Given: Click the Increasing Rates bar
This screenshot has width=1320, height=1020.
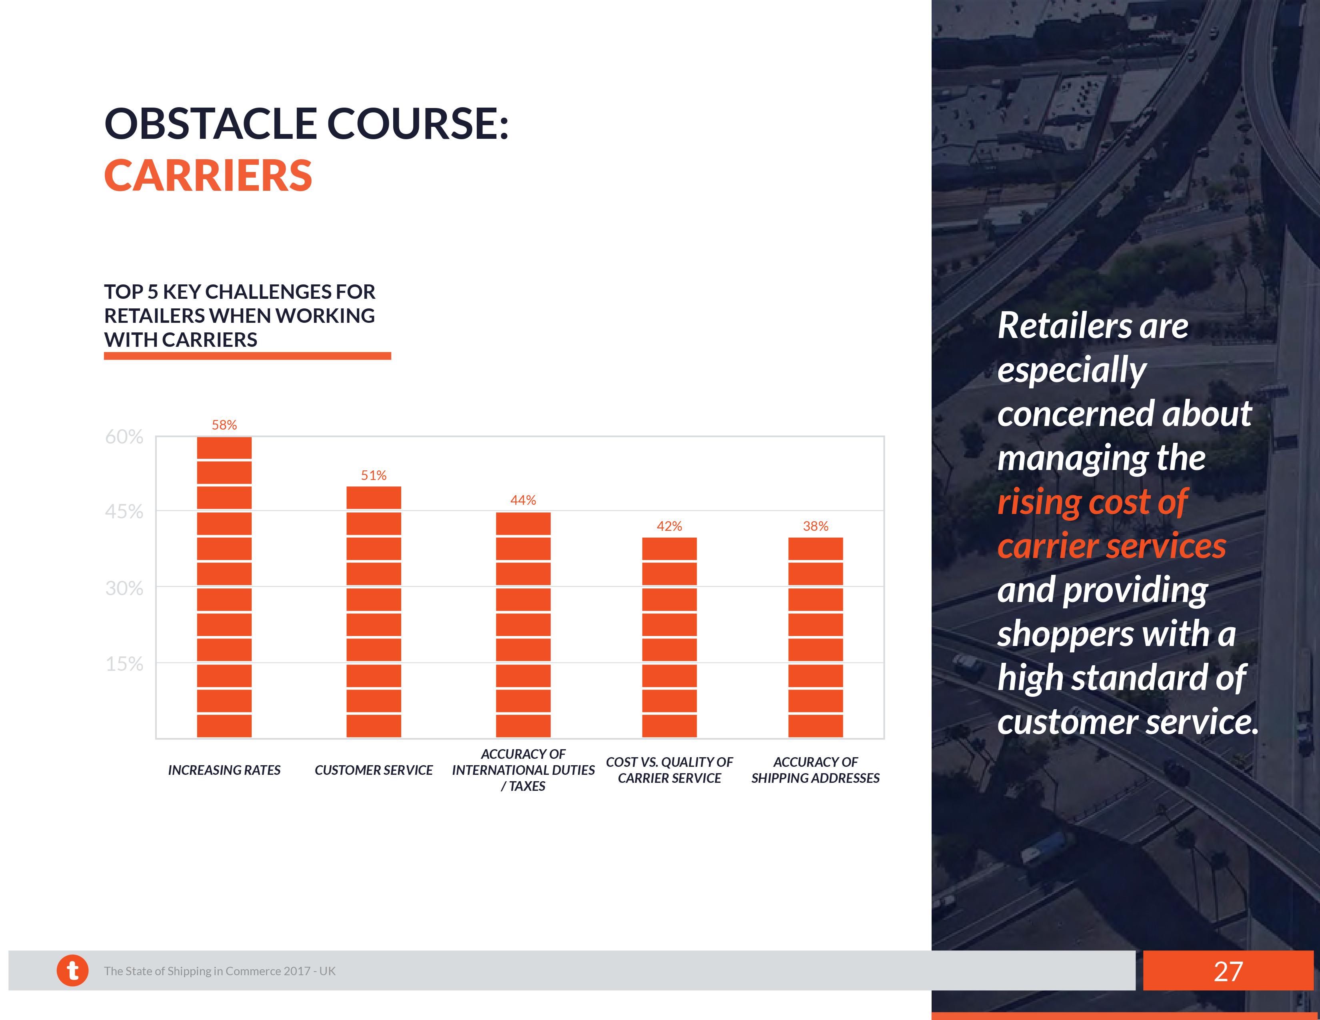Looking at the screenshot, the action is click(x=224, y=587).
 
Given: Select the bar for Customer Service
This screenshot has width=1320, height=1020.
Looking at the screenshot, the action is click(x=374, y=612).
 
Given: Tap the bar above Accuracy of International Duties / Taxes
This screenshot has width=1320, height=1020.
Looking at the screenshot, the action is click(x=524, y=625).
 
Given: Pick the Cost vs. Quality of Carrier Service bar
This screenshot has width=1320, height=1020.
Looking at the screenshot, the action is click(x=669, y=638).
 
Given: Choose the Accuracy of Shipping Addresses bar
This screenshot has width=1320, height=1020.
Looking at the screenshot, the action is click(x=815, y=638).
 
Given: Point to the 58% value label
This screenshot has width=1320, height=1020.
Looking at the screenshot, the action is click(x=224, y=425).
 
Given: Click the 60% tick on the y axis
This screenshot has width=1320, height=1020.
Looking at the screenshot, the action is click(x=124, y=437).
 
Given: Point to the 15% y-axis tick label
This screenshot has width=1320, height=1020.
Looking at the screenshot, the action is click(x=124, y=664).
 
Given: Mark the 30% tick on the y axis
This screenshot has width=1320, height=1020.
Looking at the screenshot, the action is click(x=124, y=588).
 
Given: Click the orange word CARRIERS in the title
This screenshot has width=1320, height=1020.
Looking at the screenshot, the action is click(x=208, y=176).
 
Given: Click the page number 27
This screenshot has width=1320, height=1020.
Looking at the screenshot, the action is click(x=1228, y=971).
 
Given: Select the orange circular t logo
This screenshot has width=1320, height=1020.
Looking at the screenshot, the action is click(x=72, y=970).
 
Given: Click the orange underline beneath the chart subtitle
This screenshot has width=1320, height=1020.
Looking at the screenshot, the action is click(x=247, y=356).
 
